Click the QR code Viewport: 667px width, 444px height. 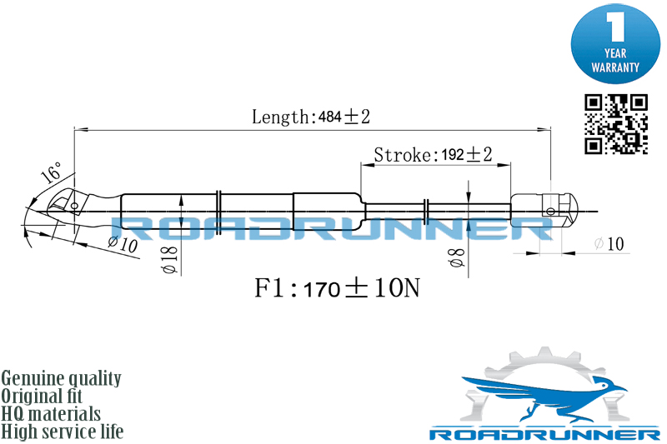[x=616, y=124]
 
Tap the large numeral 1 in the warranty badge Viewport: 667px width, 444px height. [x=614, y=27]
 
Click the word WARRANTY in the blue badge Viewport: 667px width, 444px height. [x=615, y=67]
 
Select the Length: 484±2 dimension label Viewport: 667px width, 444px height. [x=311, y=117]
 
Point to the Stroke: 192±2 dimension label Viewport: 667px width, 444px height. [x=433, y=154]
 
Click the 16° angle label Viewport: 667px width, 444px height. [x=51, y=172]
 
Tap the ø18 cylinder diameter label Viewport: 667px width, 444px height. [x=170, y=259]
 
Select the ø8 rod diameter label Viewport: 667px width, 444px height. [x=456, y=257]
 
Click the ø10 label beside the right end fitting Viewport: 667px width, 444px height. [x=609, y=243]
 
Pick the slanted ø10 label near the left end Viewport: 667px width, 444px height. [x=123, y=244]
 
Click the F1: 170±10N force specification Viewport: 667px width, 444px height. [x=337, y=287]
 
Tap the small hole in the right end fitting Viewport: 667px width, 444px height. [x=550, y=211]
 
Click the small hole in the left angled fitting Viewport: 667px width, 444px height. [x=74, y=206]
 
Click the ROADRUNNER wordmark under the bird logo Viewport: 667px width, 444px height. [x=544, y=434]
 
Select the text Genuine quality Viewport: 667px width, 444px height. [x=61, y=378]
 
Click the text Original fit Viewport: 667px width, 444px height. [x=42, y=396]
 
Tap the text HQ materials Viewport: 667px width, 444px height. [x=51, y=414]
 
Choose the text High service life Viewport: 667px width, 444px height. [x=63, y=432]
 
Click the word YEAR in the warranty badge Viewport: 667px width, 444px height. [x=615, y=53]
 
